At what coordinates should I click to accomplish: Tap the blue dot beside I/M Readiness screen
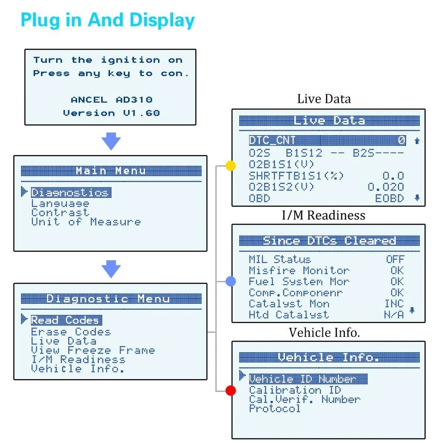(230, 281)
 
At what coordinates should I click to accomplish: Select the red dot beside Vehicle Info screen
(230, 390)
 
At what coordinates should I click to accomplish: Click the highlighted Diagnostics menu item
(70, 193)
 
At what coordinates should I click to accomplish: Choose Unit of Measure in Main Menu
(85, 222)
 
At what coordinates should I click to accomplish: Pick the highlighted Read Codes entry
(66, 320)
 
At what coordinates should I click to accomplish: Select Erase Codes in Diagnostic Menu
(70, 332)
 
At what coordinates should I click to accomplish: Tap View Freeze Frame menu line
(93, 350)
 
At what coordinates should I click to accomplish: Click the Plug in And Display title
(108, 21)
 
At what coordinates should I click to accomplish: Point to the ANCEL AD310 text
(111, 100)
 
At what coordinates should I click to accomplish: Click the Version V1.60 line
(111, 113)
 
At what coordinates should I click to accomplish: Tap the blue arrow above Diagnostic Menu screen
(111, 269)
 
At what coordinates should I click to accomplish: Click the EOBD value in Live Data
(389, 198)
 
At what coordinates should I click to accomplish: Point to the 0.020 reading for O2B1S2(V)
(386, 187)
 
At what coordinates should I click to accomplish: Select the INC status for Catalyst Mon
(394, 304)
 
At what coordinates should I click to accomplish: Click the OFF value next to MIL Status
(395, 260)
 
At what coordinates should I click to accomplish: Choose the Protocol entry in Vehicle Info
(275, 408)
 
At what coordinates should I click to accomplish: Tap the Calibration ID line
(295, 390)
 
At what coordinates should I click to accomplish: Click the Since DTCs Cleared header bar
(329, 241)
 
